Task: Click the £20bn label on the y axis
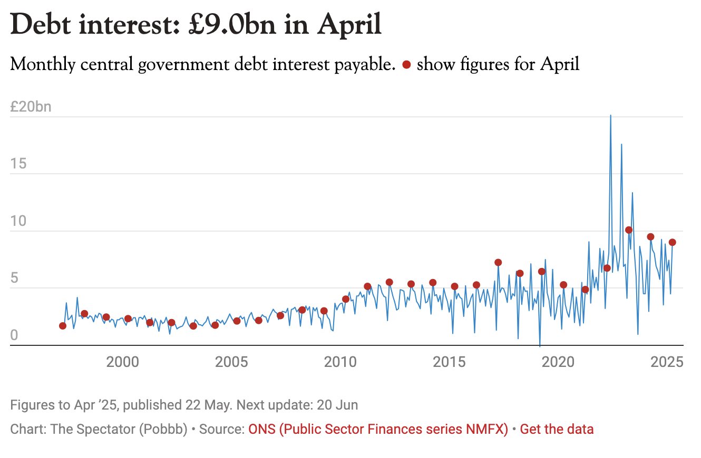tap(31, 107)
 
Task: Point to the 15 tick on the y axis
tap(17, 164)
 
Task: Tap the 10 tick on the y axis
tap(17, 222)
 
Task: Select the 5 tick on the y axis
tap(14, 278)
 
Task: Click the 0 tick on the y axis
tap(14, 335)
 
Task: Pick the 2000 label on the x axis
tap(123, 362)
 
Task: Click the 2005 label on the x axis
tap(231, 362)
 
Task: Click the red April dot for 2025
tap(673, 242)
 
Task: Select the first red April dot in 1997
tap(63, 326)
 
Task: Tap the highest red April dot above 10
tap(629, 230)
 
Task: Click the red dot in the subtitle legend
tap(406, 65)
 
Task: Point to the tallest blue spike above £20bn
tap(610, 116)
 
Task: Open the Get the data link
tap(557, 429)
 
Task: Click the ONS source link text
tap(378, 429)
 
